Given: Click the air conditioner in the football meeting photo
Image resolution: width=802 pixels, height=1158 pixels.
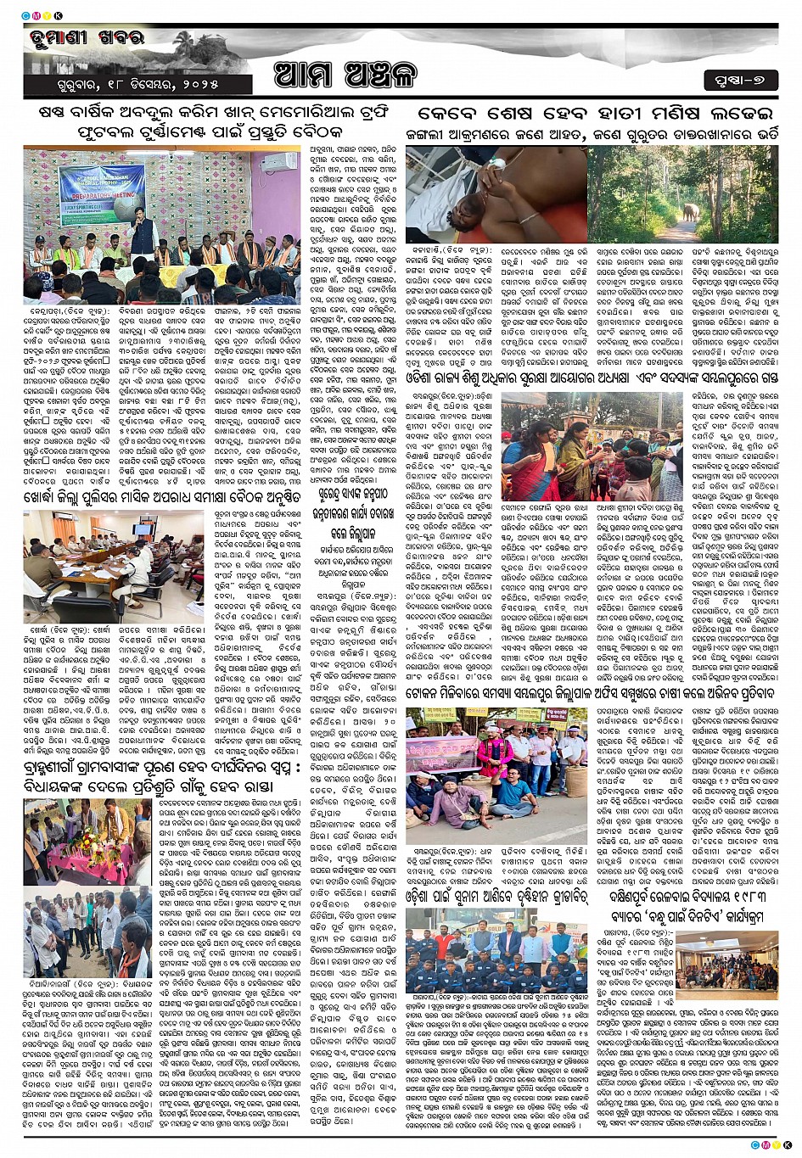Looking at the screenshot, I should pyautogui.click(x=278, y=162).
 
